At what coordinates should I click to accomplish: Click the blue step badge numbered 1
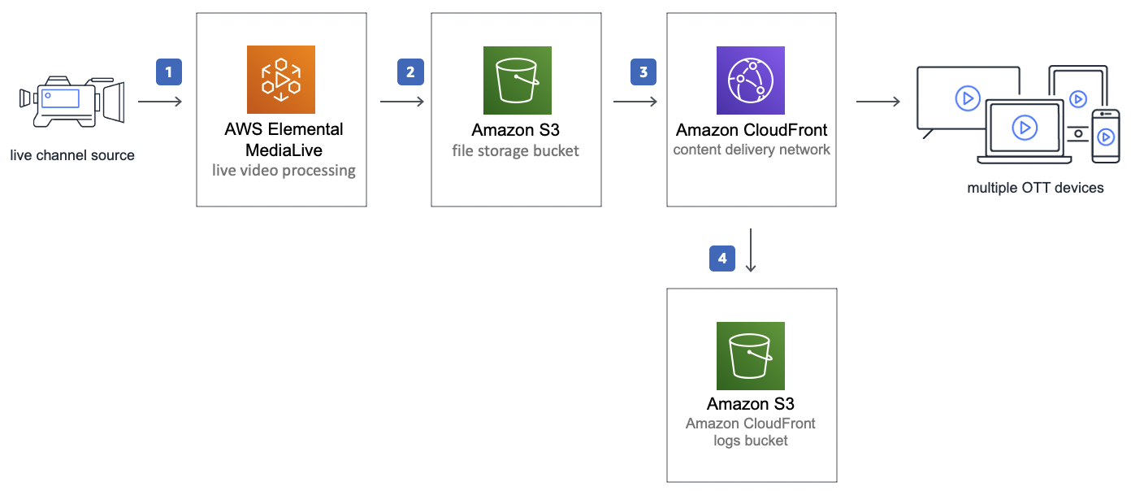[x=169, y=72]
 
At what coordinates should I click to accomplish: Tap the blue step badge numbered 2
[x=410, y=72]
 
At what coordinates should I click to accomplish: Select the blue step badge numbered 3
[x=643, y=72]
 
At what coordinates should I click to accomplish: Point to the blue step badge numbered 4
[x=722, y=259]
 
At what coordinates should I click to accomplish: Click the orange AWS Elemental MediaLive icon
[x=280, y=80]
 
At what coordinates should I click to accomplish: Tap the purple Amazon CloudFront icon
[x=751, y=80]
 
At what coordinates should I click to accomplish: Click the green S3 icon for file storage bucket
[x=517, y=80]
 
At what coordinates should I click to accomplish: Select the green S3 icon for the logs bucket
[x=751, y=356]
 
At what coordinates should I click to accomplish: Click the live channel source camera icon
[x=71, y=102]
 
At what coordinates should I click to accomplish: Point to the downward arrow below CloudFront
[x=751, y=250]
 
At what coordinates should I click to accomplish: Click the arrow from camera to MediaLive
[x=160, y=102]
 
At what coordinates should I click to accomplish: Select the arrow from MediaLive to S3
[x=401, y=102]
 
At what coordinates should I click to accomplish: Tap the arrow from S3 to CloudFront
[x=635, y=102]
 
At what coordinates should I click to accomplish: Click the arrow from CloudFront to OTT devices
[x=877, y=102]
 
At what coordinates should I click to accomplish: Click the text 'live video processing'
[x=284, y=171]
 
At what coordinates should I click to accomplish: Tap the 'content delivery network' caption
[x=752, y=150]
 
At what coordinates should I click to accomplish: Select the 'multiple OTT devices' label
[x=1035, y=188]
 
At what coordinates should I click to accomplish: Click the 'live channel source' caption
[x=72, y=154]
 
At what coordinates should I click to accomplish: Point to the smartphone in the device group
[x=1105, y=136]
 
